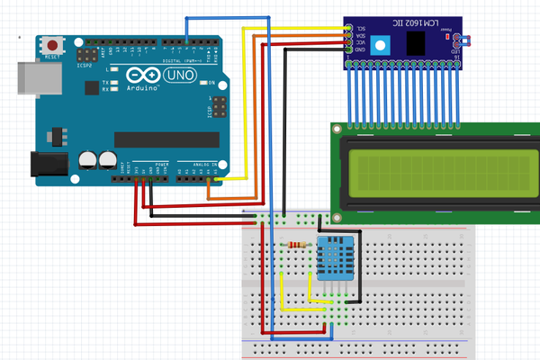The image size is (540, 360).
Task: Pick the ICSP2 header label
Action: tap(86, 65)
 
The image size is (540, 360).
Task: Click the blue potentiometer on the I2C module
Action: tap(382, 45)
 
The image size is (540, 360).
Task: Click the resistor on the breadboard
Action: tap(297, 245)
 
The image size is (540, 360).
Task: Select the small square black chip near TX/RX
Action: tap(91, 87)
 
